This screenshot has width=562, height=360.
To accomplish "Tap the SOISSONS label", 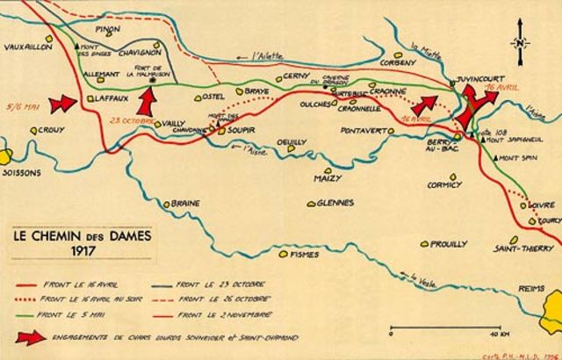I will click(x=22, y=173).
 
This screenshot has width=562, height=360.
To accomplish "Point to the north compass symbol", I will click(x=520, y=42).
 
